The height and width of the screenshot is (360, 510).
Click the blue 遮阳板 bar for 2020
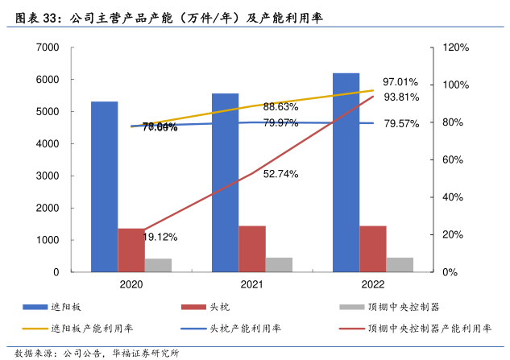click(104, 186)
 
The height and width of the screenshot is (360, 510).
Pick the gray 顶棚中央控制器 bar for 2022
click(400, 264)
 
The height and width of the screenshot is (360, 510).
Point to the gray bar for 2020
click(158, 265)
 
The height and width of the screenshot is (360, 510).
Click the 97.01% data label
click(400, 82)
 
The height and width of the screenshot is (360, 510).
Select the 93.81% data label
click(400, 97)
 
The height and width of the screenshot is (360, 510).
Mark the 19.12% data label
click(160, 237)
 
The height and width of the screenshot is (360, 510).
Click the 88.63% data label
click(280, 107)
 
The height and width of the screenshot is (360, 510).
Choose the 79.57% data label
click(401, 124)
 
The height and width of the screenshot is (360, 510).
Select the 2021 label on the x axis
click(252, 284)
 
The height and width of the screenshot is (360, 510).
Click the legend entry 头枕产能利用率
click(245, 328)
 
